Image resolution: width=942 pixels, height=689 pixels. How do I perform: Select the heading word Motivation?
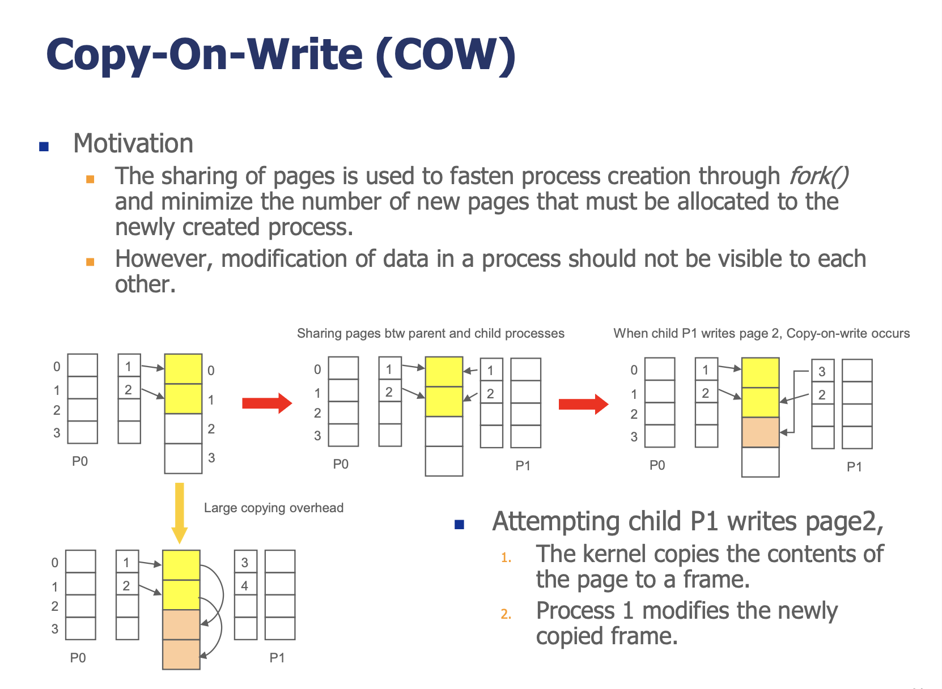133,143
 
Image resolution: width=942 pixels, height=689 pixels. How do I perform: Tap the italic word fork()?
818,176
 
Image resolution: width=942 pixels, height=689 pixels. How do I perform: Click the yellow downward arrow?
180,513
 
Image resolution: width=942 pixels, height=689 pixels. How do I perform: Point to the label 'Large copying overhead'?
274,508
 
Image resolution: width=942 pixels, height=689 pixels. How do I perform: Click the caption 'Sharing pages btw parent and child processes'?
431,333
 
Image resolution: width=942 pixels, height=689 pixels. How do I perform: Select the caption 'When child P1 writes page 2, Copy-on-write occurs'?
762,333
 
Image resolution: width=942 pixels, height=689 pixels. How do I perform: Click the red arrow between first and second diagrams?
267,403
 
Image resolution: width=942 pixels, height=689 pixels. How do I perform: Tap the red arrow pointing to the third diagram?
584,404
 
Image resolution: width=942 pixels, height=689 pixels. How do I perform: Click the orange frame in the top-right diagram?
760,432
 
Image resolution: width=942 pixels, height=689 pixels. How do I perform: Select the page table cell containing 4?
245,585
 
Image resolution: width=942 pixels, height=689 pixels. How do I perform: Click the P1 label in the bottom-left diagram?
277,658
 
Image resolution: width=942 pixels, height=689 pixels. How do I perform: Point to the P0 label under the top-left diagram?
80,462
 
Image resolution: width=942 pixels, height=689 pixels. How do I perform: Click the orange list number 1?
506,558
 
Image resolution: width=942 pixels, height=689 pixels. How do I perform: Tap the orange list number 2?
506,614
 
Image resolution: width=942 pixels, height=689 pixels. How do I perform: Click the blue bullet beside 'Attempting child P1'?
459,525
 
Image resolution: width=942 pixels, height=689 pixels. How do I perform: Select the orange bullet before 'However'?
90,262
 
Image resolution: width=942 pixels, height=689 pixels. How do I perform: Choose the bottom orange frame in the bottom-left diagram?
181,654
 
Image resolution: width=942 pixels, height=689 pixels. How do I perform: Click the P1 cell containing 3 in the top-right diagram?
822,371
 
